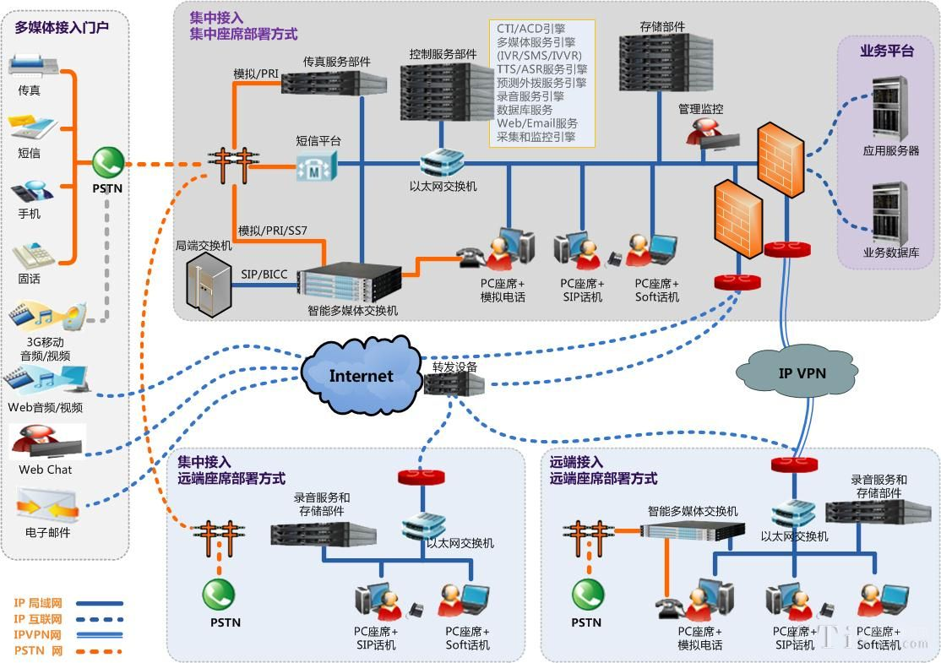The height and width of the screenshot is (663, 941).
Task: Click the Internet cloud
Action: [362, 377]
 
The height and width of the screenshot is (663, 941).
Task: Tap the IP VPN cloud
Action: [790, 372]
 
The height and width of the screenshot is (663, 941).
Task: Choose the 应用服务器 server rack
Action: [889, 108]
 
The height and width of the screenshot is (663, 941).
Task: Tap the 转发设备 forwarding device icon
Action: [454, 386]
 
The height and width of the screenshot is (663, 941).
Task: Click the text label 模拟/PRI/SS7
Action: [272, 231]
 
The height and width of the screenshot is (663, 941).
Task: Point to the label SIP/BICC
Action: [264, 274]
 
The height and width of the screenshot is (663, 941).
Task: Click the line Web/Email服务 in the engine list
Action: [537, 123]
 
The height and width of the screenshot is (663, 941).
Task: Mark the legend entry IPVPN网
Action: [38, 634]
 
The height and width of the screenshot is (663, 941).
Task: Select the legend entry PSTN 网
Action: [39, 650]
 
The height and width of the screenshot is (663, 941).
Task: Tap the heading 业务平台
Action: [887, 52]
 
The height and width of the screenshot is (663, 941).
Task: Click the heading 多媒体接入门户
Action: [62, 27]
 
